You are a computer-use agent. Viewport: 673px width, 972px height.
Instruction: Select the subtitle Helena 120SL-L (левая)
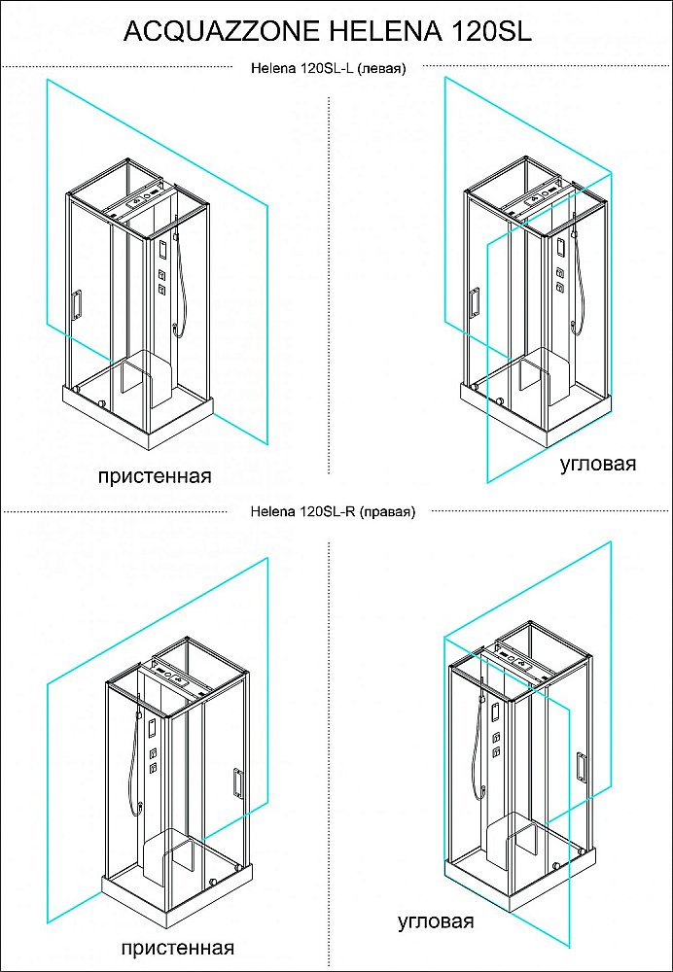click(328, 69)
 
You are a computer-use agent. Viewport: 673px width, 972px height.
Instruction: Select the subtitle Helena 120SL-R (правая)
click(332, 512)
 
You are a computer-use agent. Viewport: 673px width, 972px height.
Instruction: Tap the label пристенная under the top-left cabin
click(155, 476)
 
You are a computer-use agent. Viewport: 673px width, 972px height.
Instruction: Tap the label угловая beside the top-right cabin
click(598, 464)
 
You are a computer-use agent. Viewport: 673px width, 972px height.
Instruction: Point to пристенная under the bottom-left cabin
click(178, 948)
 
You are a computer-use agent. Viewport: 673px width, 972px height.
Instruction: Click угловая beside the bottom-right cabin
click(436, 921)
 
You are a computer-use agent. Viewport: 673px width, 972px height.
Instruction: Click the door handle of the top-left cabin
click(76, 305)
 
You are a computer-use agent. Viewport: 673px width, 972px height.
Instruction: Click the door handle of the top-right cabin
click(475, 302)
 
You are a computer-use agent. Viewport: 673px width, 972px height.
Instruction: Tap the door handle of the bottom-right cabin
click(582, 768)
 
